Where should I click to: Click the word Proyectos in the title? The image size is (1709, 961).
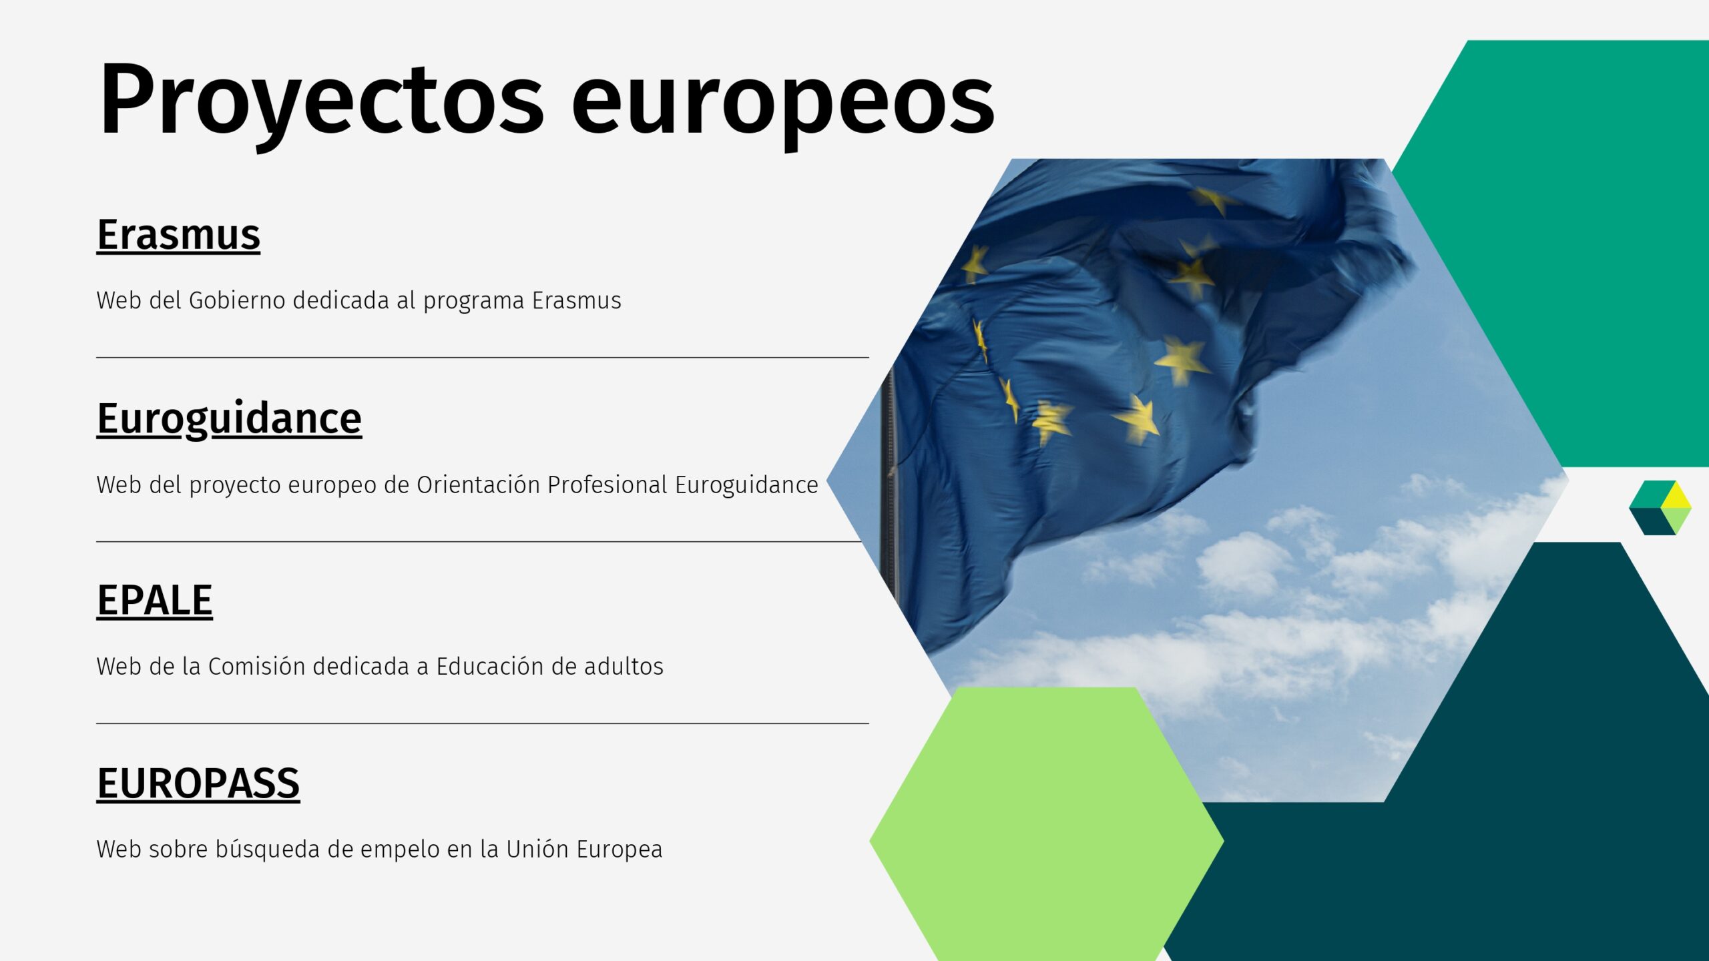321,101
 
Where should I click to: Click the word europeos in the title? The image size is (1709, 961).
783,107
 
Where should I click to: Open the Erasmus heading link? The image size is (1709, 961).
178,235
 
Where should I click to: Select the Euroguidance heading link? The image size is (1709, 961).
229,419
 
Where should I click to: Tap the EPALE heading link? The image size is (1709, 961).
155,600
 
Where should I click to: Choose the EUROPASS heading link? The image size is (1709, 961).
198,783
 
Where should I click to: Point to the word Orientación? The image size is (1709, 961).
478,485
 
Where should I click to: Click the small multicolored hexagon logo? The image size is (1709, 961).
1660,507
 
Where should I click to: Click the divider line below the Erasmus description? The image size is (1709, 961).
483,358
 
